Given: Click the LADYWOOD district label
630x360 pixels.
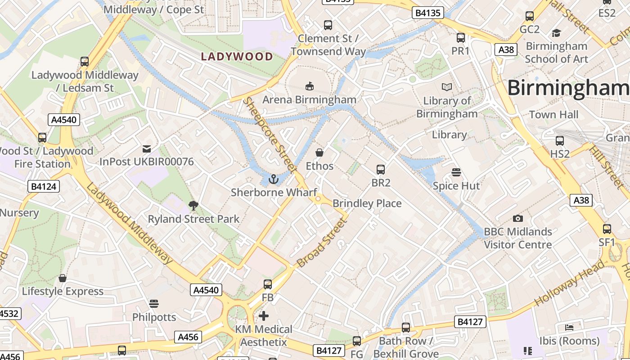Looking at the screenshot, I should click(x=237, y=57).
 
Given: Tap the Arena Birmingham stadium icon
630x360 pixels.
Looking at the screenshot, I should click(x=309, y=86).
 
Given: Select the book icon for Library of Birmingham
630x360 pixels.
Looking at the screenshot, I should click(x=446, y=87).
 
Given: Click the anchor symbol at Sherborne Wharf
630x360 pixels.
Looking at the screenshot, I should click(x=273, y=180).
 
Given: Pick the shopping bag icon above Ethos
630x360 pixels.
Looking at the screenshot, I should click(x=319, y=153).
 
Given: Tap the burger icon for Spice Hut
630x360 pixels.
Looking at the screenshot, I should click(x=456, y=172).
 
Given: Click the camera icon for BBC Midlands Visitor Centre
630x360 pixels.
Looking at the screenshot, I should click(x=518, y=219).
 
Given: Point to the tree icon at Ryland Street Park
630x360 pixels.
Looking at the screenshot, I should click(x=193, y=206).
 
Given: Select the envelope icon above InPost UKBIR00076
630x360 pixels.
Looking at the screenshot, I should click(x=146, y=148).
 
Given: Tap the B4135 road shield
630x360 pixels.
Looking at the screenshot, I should click(x=427, y=13).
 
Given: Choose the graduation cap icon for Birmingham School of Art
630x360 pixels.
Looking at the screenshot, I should click(x=556, y=33).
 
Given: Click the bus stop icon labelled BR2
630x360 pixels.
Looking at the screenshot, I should click(x=380, y=170).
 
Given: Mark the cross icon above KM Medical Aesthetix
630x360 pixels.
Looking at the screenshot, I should click(x=264, y=316).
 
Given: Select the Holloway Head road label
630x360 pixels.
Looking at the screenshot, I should click(x=569, y=283).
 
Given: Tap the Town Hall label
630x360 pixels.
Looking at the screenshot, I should click(x=553, y=115).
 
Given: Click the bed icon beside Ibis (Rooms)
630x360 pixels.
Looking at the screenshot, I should click(x=569, y=327).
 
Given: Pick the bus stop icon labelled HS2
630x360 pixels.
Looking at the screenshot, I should click(x=559, y=141).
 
